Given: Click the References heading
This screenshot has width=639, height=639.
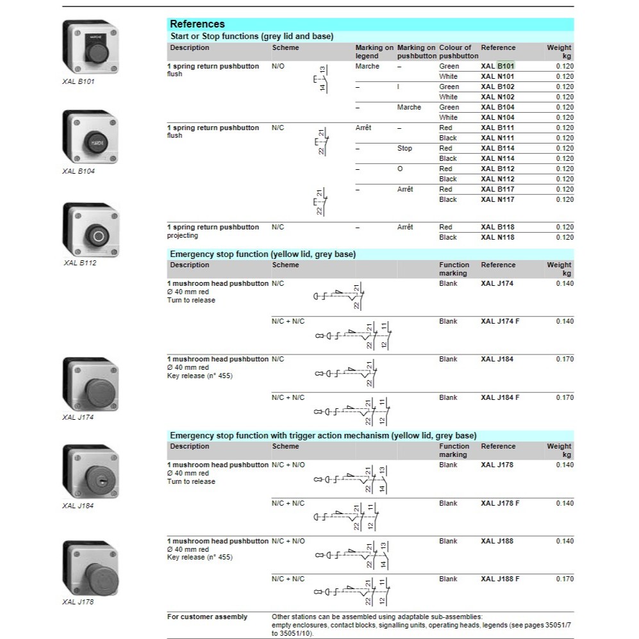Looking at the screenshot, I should click(x=197, y=24).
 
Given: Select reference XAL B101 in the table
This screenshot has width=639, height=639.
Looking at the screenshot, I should click(x=497, y=66).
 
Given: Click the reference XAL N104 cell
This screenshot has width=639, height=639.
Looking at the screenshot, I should click(x=497, y=117).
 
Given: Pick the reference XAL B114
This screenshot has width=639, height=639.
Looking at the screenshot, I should click(x=497, y=148).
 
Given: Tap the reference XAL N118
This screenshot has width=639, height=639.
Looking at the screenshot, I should click(x=497, y=237).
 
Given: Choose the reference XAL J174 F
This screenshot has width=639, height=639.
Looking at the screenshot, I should click(x=500, y=321).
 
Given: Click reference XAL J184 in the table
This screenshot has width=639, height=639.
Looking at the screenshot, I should click(x=497, y=360).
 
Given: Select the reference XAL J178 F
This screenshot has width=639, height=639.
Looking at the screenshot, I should click(x=500, y=503).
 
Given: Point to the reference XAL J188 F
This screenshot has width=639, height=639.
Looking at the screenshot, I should click(x=500, y=579).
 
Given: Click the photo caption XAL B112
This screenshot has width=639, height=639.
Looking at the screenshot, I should click(x=79, y=263).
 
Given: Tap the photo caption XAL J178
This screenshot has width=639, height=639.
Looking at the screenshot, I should click(x=78, y=602).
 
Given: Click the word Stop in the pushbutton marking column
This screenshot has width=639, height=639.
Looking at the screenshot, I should click(x=404, y=148).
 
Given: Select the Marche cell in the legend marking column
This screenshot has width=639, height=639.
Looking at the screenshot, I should click(x=367, y=66).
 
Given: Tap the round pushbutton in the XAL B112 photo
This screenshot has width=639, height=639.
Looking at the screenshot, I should click(x=98, y=237).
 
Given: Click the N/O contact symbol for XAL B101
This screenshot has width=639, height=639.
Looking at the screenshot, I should click(x=320, y=78).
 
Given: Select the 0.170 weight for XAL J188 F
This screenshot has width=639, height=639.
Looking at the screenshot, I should click(x=565, y=579).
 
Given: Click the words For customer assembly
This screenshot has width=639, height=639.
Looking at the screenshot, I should click(x=207, y=617).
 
